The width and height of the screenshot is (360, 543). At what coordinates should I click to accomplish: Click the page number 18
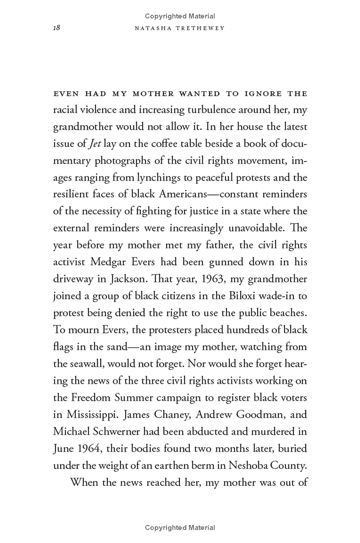click(x=56, y=28)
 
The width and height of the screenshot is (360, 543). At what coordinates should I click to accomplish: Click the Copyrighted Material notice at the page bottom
click(x=180, y=528)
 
